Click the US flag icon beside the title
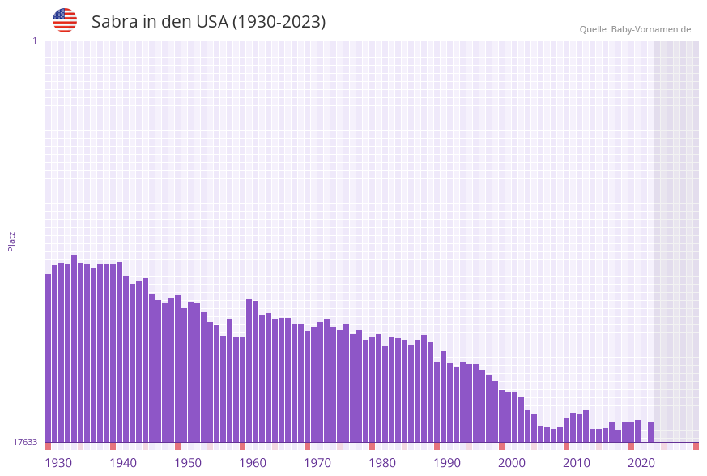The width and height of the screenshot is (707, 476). tap(65, 20)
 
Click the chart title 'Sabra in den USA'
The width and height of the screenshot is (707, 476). tap(208, 22)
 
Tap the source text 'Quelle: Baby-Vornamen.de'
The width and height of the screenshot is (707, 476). tap(635, 29)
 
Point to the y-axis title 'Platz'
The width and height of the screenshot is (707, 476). tap(12, 241)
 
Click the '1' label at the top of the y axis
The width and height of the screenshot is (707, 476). tap(34, 41)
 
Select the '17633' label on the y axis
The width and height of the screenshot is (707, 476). tap(25, 442)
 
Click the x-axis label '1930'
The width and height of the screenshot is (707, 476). tap(58, 463)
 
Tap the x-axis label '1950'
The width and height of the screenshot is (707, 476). tap(188, 463)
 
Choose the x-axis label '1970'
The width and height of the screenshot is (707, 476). tap(317, 463)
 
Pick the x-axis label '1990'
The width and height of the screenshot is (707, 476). tap(447, 463)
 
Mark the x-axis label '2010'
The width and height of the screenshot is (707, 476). tap(577, 463)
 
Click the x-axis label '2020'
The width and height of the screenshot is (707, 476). tap(641, 463)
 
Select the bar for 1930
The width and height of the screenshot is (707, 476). tap(49, 358)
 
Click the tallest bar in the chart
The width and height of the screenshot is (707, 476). tap(75, 348)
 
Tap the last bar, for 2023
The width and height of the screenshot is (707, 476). tap(650, 432)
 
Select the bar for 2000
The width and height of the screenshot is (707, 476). tap(502, 416)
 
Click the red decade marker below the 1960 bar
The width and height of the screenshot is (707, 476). tap(243, 446)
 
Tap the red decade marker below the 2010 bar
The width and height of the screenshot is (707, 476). tap(567, 446)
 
